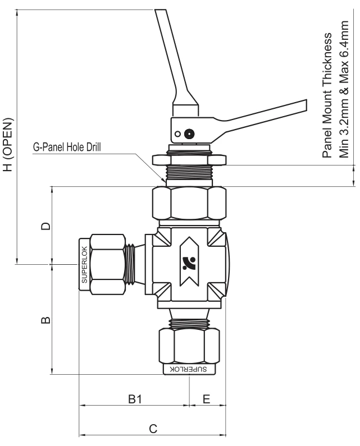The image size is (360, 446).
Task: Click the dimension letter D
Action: click(45, 226)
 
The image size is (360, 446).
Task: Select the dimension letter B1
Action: click(135, 399)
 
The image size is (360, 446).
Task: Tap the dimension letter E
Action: click(207, 399)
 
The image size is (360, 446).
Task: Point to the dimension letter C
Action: click(153, 429)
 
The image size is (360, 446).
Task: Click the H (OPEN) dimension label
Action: click(8, 144)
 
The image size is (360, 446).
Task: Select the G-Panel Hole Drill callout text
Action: click(67, 148)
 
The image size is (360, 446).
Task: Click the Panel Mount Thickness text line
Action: click(327, 95)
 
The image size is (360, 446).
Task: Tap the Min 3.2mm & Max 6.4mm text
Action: click(344, 89)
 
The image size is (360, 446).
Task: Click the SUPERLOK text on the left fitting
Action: click(84, 265)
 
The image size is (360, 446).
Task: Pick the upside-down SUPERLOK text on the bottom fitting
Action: click(188, 369)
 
